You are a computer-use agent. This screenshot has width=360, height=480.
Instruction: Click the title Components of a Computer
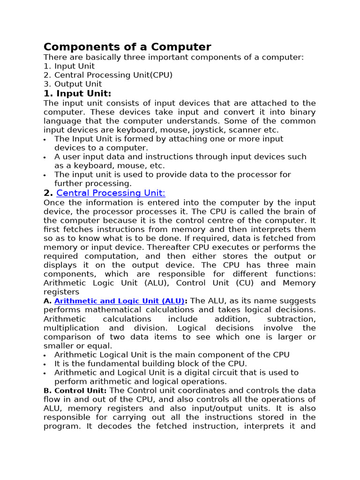click(x=127, y=47)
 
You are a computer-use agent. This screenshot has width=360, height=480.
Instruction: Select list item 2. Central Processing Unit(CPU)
click(x=108, y=75)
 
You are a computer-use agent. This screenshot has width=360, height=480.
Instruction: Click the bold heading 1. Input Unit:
click(x=77, y=93)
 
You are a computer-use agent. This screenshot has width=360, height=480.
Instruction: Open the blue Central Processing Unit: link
click(x=111, y=193)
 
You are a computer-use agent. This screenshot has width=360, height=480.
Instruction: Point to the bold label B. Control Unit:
click(x=75, y=390)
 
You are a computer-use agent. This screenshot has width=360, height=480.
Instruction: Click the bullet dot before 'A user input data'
click(x=45, y=157)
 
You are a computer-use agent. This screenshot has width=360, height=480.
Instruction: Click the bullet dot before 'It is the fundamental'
click(x=45, y=364)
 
